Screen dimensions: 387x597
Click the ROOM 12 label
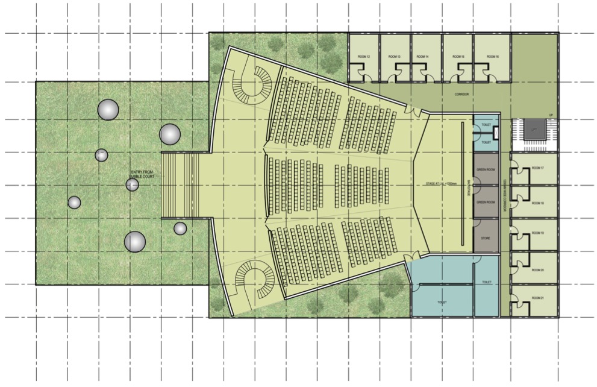click(x=363, y=57)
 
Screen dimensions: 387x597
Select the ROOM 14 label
click(x=422, y=57)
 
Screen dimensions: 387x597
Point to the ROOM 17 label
click(x=537, y=168)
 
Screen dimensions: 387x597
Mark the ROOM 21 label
click(x=537, y=298)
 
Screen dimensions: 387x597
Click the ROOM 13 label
click(x=394, y=57)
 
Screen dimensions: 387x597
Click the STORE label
click(x=485, y=239)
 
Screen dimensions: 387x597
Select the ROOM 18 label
click(x=537, y=204)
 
